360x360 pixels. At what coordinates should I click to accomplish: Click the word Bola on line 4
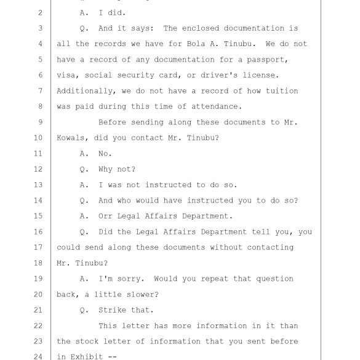196,44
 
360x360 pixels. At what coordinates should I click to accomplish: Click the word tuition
282,90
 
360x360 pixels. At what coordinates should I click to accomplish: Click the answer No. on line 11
105,153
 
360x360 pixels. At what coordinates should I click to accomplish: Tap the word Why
105,169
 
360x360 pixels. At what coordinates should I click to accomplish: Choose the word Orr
105,216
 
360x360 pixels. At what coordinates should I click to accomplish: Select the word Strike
112,310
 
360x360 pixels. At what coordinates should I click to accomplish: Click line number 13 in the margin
38,185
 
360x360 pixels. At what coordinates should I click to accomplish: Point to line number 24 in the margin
38,357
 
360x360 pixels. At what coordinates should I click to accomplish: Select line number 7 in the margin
41,91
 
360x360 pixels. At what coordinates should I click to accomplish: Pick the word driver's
219,75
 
